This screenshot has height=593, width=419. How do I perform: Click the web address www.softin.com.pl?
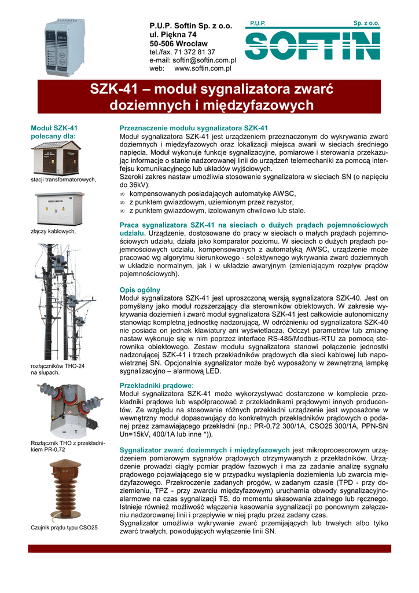point(203,68)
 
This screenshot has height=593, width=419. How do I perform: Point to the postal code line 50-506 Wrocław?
point(178,43)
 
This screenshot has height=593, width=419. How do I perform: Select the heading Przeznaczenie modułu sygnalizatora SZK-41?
point(193,128)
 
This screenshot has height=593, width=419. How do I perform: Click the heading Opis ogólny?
point(139,289)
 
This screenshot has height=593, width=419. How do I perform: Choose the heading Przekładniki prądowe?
point(156,385)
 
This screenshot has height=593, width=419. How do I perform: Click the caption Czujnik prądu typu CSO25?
point(64,528)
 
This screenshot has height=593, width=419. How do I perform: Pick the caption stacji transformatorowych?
point(63,180)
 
